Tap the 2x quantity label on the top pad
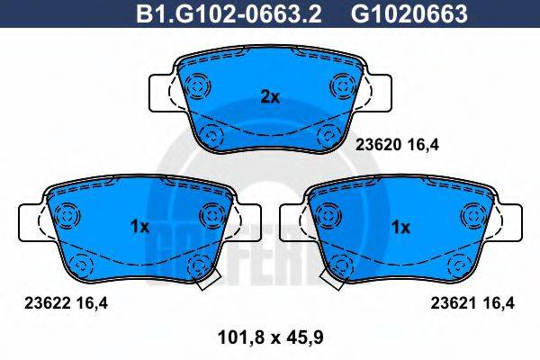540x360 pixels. pos(269,97)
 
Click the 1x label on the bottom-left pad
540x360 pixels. pos(139,228)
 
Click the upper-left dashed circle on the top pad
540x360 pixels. pos(196,86)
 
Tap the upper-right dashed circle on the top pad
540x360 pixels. pos(342,86)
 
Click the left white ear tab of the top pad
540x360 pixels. pos(160,93)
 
